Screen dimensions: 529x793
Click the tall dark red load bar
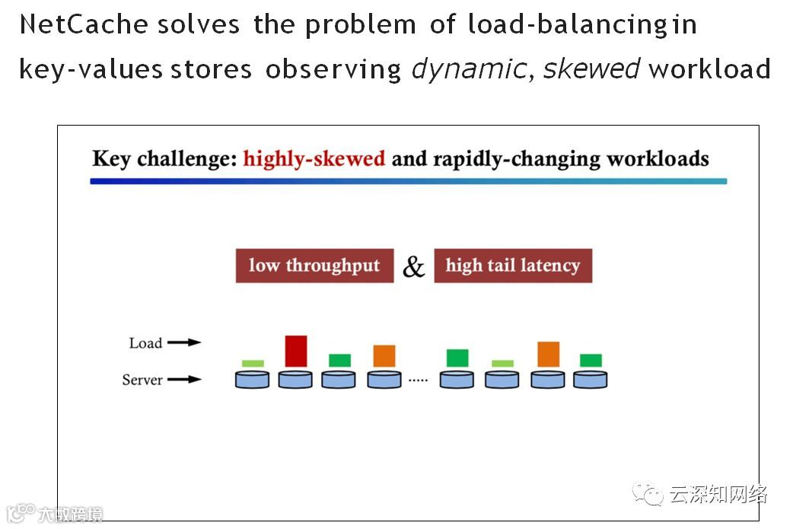(x=295, y=351)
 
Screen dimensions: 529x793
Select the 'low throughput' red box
(x=314, y=266)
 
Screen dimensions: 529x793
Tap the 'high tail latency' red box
(x=512, y=266)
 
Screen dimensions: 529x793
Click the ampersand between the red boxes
(x=413, y=266)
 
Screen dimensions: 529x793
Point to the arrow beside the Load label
(x=184, y=343)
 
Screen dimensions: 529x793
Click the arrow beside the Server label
(x=184, y=379)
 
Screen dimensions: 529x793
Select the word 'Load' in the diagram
(x=145, y=343)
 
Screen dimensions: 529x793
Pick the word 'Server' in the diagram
(x=142, y=380)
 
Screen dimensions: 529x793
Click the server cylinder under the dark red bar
(x=295, y=379)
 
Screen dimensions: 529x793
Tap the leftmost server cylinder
(x=252, y=379)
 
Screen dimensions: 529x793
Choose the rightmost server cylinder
(x=591, y=379)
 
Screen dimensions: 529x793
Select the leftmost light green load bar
(x=253, y=363)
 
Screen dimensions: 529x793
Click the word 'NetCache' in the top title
(x=84, y=24)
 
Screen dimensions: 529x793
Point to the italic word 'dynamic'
(x=468, y=69)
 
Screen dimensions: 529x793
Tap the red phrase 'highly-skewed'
(x=314, y=159)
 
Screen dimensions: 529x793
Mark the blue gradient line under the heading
(x=408, y=181)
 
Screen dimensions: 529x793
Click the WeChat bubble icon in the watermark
(x=651, y=495)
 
